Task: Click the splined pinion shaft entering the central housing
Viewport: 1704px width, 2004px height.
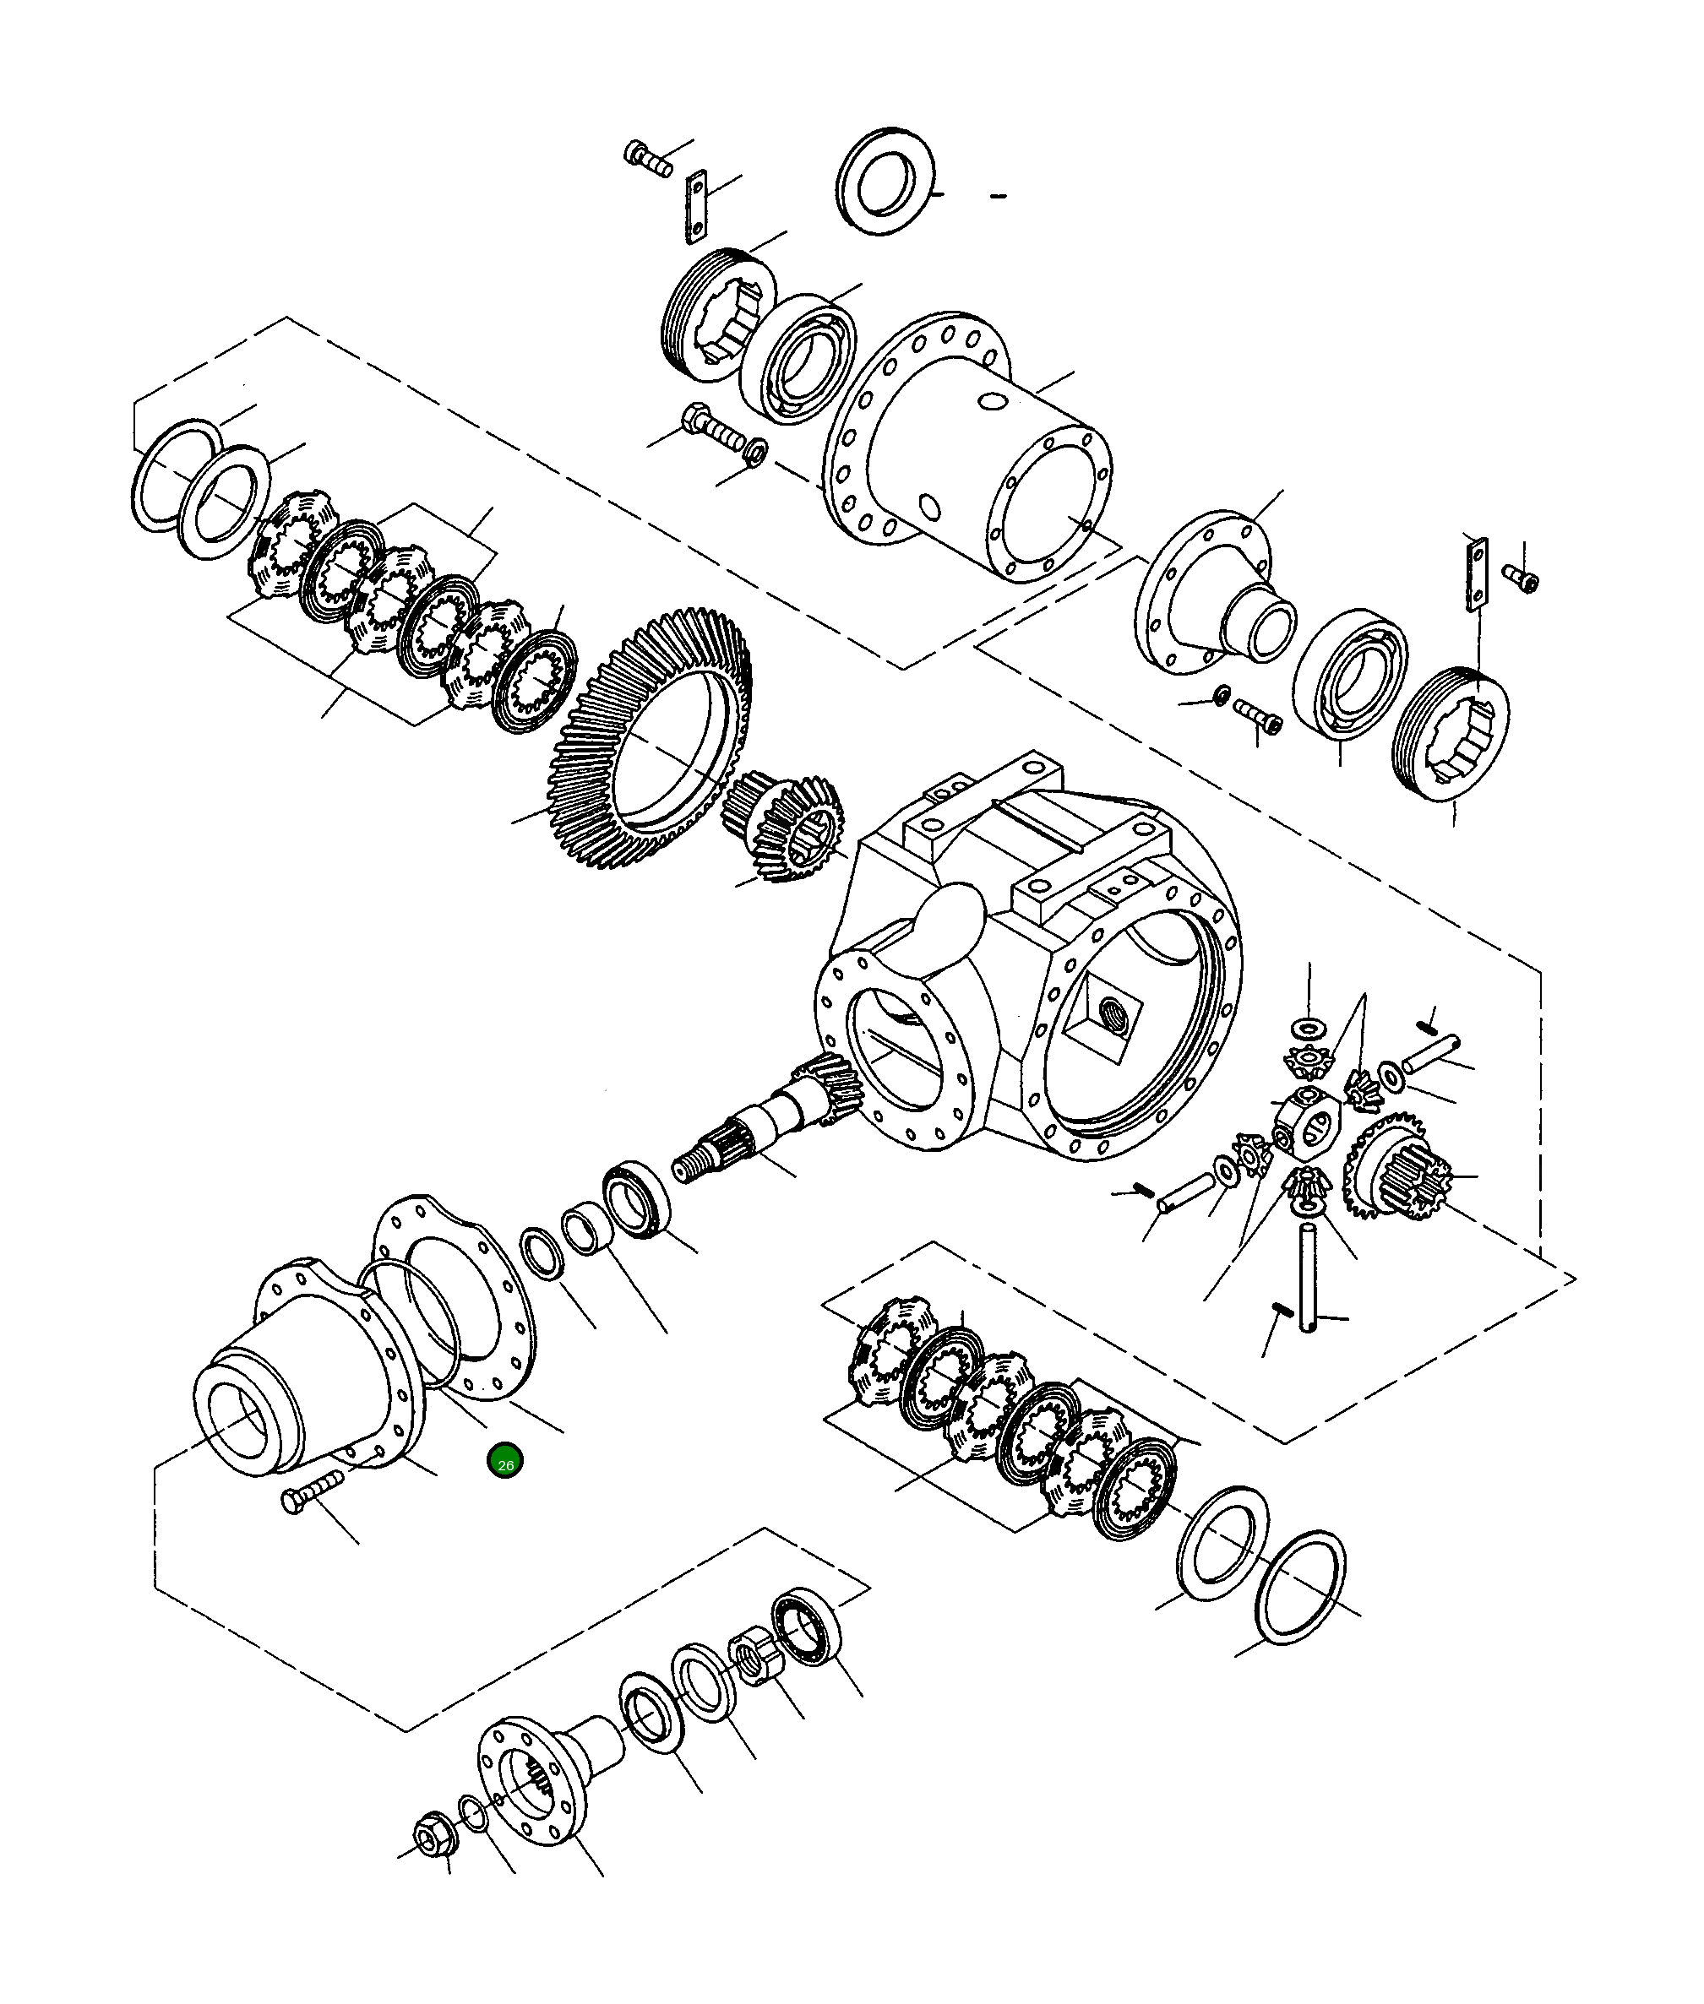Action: click(x=763, y=1130)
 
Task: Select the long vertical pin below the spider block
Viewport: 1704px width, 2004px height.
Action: click(x=1308, y=1277)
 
